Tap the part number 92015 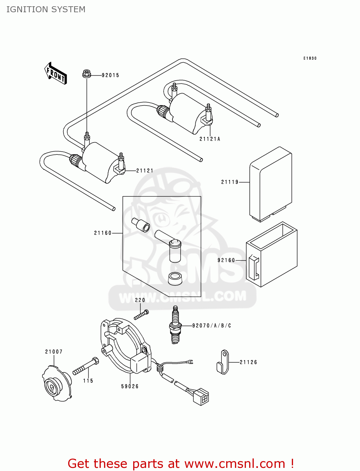[x=110, y=75]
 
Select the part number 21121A [x=210, y=139]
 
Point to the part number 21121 [x=145, y=171]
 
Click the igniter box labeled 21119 [x=270, y=184]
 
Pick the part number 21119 [x=230, y=182]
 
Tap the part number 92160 [x=226, y=260]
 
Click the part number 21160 [x=103, y=233]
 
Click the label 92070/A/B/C [x=211, y=326]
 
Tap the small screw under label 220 [x=141, y=314]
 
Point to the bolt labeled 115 [x=86, y=367]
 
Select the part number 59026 [x=130, y=387]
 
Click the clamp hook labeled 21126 [x=223, y=363]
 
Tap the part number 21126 [x=248, y=362]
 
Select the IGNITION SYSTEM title [x=46, y=9]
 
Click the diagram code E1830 [x=310, y=58]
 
